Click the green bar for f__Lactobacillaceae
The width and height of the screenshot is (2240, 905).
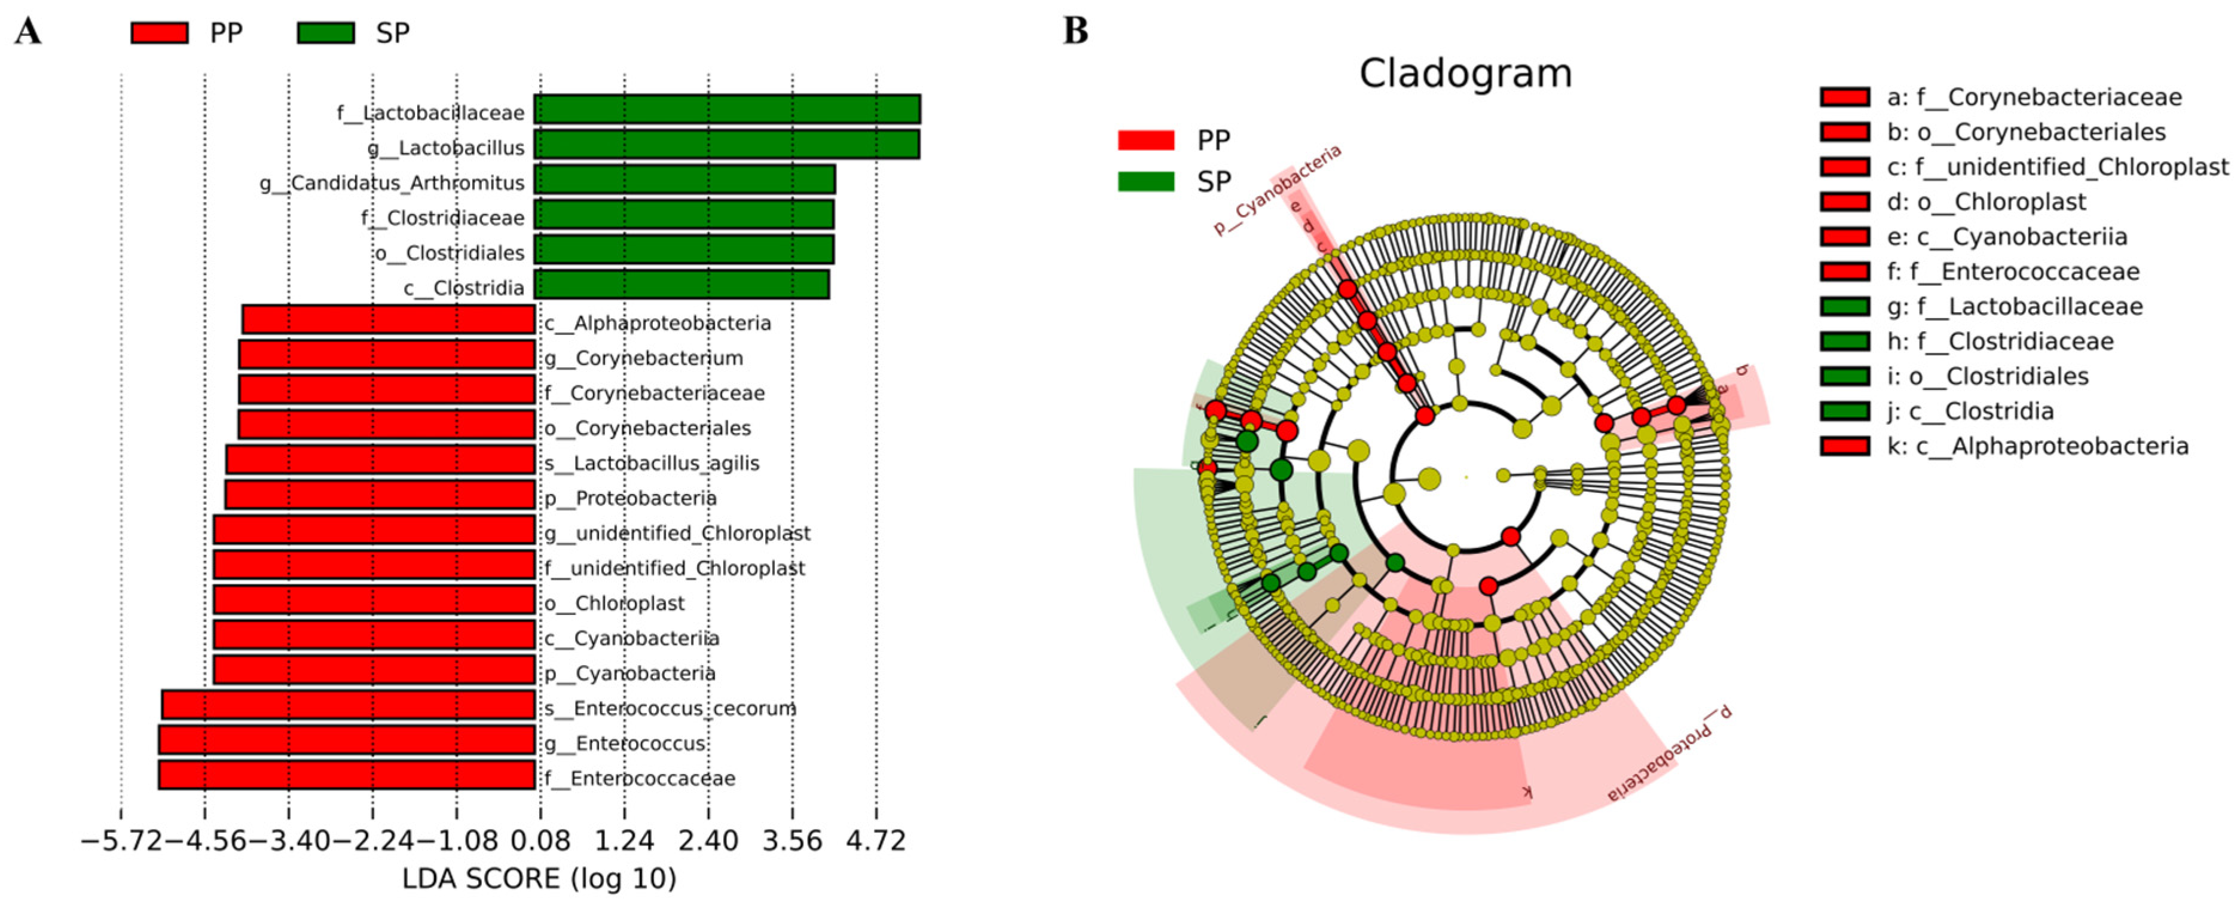click(727, 109)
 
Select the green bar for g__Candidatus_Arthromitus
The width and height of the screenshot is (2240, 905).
click(684, 180)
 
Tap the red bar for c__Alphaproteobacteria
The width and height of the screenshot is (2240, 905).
click(388, 319)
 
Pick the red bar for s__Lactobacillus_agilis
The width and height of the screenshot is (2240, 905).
click(380, 459)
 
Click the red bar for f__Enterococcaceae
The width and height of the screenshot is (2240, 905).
click(346, 775)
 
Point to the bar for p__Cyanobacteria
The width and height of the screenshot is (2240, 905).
click(374, 670)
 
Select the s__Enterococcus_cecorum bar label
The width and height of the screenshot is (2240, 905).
click(670, 708)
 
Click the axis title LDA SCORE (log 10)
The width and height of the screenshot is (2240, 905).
click(539, 879)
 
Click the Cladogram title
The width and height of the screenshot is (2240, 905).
click(1465, 73)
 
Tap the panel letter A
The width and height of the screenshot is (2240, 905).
click(28, 32)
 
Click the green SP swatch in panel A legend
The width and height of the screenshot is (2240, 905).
click(326, 33)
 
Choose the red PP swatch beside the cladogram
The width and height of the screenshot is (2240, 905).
click(1145, 140)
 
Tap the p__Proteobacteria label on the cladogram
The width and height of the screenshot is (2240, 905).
click(1668, 754)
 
